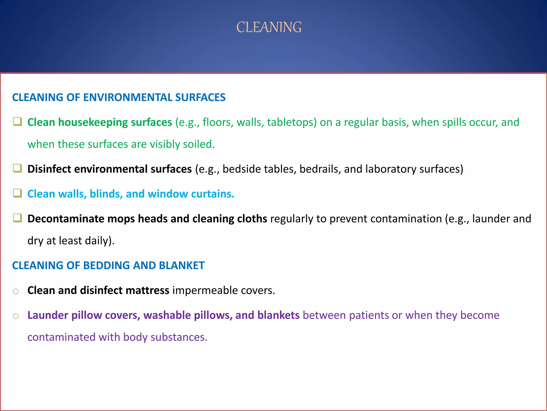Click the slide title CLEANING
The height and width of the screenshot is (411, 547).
tap(269, 27)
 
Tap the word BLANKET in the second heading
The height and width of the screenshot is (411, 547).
tap(182, 265)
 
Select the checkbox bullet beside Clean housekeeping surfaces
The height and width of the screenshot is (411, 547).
tap(18, 122)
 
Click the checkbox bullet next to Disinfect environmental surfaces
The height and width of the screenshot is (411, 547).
tap(18, 169)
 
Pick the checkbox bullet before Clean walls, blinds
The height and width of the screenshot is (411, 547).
tap(18, 193)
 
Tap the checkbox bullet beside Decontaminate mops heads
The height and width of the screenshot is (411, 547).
tap(18, 218)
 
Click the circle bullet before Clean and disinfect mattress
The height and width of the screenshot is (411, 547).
tap(16, 291)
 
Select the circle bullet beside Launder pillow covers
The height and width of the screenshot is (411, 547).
tap(16, 316)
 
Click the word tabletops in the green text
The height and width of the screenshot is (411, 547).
tap(292, 123)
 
